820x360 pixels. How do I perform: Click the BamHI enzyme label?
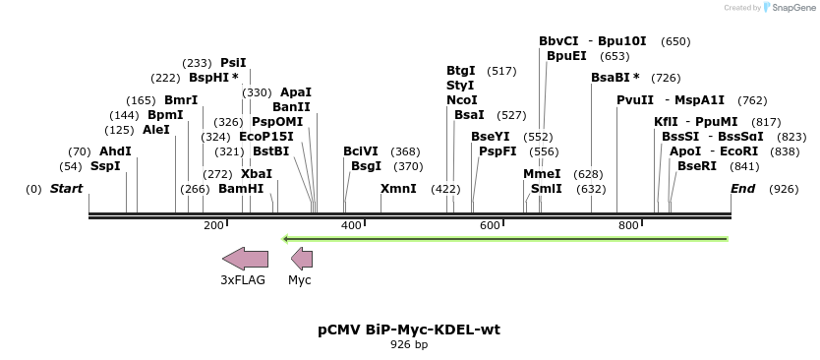(241, 188)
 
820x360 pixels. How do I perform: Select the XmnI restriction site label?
(398, 188)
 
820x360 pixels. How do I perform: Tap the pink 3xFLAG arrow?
(245, 259)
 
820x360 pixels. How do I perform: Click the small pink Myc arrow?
(302, 259)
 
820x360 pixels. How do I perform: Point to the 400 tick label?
(351, 226)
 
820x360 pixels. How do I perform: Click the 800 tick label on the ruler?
(629, 226)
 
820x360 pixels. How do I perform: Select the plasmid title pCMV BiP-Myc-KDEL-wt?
(409, 330)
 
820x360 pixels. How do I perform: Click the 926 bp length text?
(409, 345)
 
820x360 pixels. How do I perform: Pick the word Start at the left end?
(66, 188)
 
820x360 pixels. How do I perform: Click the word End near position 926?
(742, 188)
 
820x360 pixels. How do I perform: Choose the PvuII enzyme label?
(634, 99)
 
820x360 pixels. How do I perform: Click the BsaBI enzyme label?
(611, 78)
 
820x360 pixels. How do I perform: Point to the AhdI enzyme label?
(115, 151)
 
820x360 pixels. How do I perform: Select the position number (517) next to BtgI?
(501, 71)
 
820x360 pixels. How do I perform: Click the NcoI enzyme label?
(461, 99)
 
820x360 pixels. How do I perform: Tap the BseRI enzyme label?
(697, 166)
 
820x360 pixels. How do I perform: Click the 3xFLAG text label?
(243, 280)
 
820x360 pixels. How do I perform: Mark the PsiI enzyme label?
(233, 63)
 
